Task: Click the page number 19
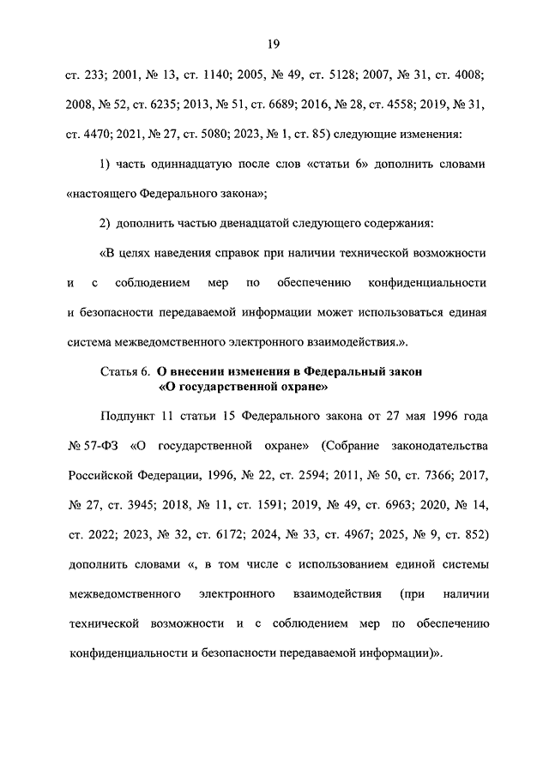[x=274, y=44]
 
